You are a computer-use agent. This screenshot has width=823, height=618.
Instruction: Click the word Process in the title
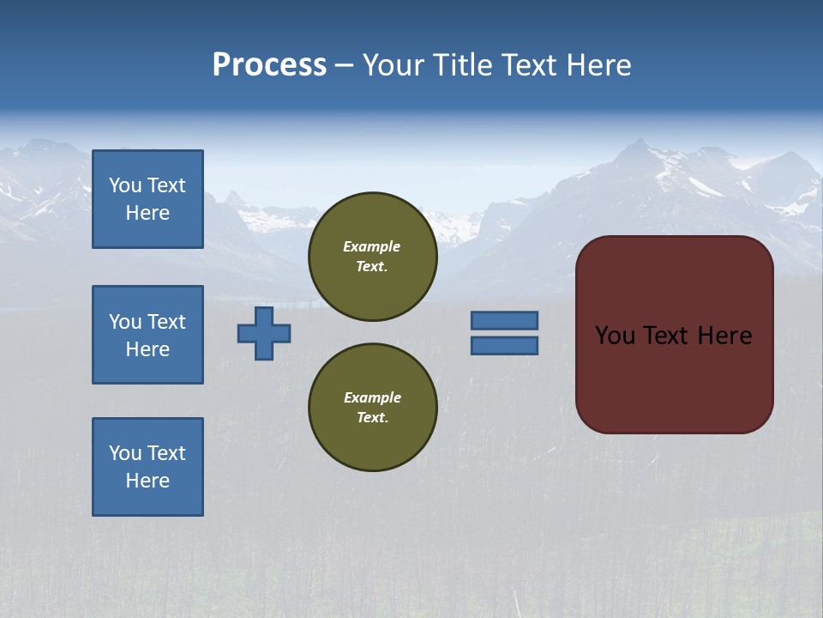(x=269, y=65)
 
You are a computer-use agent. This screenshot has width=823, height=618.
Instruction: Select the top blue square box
(x=147, y=199)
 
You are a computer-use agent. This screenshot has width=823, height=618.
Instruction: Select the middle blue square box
(x=147, y=335)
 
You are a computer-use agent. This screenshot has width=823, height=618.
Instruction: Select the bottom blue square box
(x=147, y=467)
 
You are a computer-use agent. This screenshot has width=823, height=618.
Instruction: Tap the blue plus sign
(x=264, y=333)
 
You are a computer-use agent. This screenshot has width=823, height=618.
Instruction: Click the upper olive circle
(x=373, y=257)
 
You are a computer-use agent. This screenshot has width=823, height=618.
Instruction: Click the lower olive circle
(x=373, y=408)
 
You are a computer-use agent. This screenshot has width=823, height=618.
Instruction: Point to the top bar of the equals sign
(x=505, y=321)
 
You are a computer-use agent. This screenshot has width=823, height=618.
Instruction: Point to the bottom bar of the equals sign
(x=505, y=346)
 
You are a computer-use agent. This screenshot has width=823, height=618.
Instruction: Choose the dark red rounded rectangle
(x=675, y=378)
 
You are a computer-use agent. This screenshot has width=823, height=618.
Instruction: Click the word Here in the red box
(x=724, y=336)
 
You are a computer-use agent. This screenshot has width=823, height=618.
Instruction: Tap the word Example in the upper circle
(x=372, y=246)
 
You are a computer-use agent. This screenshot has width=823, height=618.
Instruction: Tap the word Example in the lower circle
(x=372, y=397)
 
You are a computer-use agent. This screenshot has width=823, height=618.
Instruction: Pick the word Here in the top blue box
(x=147, y=213)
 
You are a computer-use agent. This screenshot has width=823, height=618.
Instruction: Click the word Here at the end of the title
(x=599, y=65)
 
